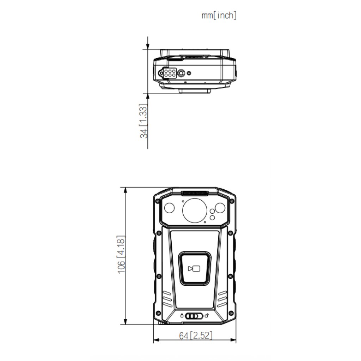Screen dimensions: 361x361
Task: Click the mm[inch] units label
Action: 219,16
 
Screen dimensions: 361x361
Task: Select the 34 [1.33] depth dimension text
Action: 143,121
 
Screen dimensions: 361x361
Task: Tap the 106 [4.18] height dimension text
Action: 121,255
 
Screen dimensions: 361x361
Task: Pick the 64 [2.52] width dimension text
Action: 196,336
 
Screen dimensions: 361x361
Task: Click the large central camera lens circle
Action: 195,210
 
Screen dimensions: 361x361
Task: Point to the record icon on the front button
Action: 194,268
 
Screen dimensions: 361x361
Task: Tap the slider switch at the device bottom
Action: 194,316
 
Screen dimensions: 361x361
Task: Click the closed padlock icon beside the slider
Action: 182,316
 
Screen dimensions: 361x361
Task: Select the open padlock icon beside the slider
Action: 207,316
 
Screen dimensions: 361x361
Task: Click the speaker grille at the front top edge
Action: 195,193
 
